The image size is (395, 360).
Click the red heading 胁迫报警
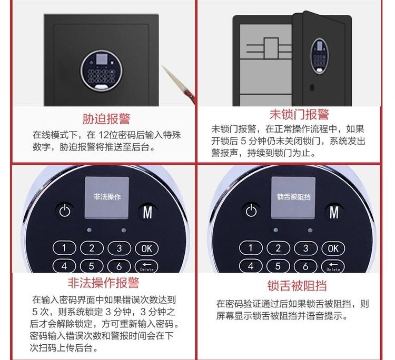(106, 119)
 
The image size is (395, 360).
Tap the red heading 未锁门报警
(299, 114)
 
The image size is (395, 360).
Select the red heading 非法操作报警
(104, 283)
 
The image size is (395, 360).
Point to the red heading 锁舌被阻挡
(297, 286)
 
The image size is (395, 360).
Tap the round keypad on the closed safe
(102, 70)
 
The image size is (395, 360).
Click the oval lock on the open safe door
(319, 56)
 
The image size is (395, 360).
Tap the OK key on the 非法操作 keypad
(147, 248)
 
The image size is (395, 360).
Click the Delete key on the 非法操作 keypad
(146, 266)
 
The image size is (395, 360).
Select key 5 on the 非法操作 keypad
(92, 266)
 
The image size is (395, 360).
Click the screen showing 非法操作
(107, 197)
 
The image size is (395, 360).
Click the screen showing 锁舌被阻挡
(293, 197)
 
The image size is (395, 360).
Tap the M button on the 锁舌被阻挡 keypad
(334, 212)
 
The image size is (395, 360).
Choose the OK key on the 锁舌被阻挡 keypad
(333, 248)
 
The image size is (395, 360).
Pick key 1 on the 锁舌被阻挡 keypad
(251, 248)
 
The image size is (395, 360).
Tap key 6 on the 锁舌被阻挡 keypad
(305, 266)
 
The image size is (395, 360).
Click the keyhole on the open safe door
(312, 87)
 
